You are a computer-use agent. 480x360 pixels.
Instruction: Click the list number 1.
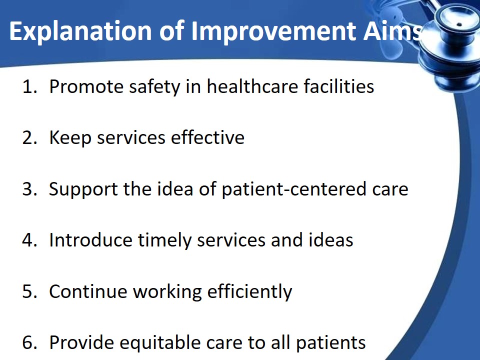point(29,86)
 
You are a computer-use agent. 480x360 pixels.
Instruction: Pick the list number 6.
point(29,342)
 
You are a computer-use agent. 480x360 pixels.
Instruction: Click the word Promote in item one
point(86,86)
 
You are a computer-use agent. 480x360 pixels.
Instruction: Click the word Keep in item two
point(70,138)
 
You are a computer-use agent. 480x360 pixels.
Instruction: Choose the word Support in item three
point(83,189)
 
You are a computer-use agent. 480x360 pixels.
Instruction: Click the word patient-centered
point(294,189)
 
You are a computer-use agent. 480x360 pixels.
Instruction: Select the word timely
point(164,240)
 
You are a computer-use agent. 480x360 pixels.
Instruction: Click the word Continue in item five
point(88,291)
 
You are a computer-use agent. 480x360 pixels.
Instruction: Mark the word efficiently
point(250,291)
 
